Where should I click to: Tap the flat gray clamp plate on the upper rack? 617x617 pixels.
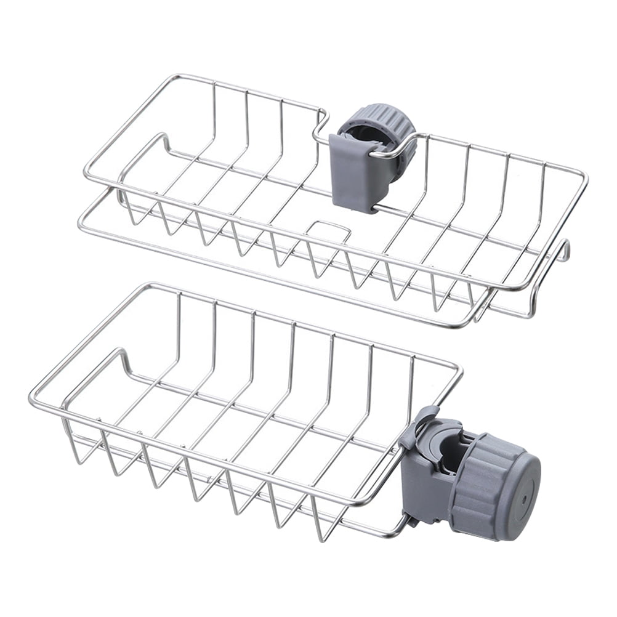coord(354,173)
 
